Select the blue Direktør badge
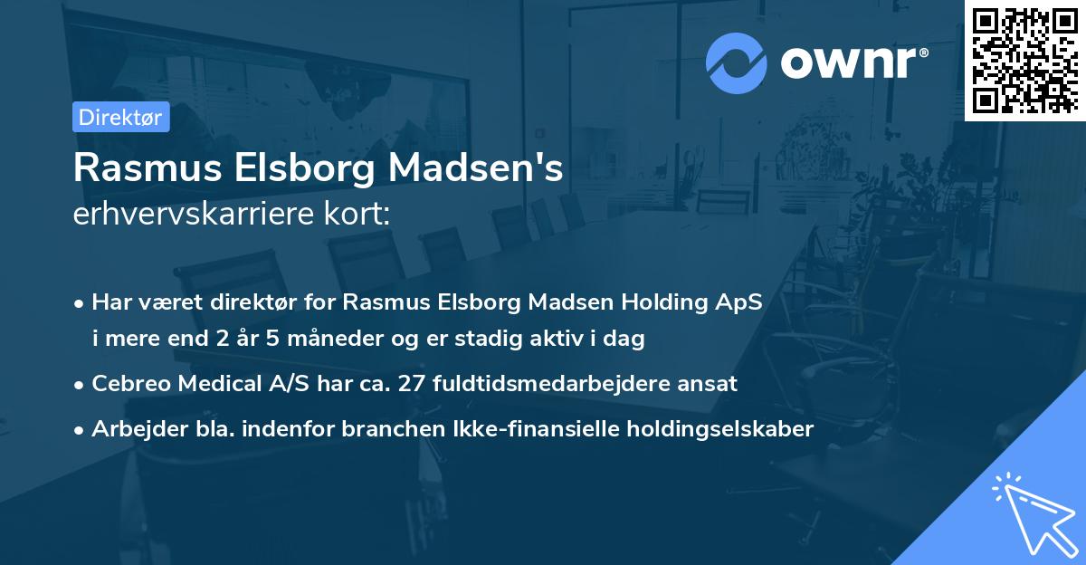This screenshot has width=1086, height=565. pyautogui.click(x=120, y=117)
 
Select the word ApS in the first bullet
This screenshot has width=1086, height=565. pyautogui.click(x=739, y=302)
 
